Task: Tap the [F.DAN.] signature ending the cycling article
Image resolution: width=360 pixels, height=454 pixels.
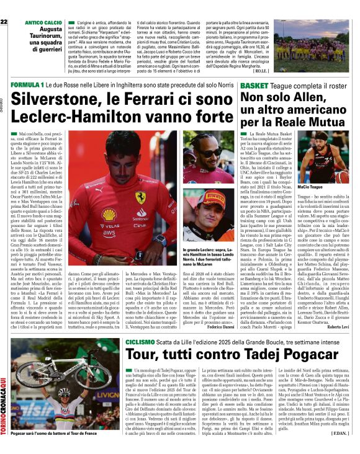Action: (x=341, y=432)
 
